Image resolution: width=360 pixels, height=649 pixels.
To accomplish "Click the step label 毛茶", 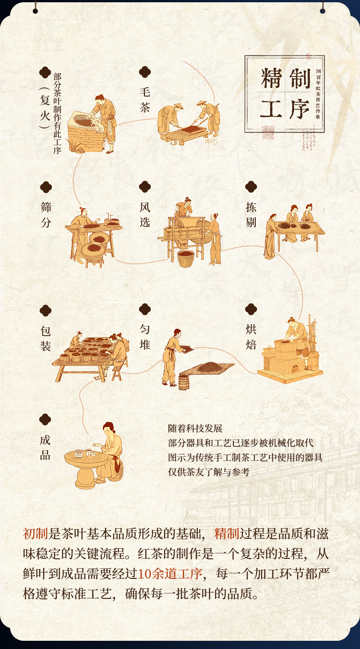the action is [x=145, y=100].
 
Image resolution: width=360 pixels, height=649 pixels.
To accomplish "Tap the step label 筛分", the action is [x=46, y=215].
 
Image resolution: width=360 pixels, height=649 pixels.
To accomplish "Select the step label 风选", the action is [x=145, y=215].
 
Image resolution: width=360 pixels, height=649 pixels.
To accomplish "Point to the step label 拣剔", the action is [x=251, y=215].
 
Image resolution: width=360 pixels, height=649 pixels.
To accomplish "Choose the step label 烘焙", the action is [x=251, y=337].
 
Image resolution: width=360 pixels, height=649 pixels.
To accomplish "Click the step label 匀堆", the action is [x=145, y=337].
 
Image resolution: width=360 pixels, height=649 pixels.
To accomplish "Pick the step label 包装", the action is [x=46, y=338].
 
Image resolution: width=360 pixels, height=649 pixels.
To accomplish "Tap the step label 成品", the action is [x=45, y=448].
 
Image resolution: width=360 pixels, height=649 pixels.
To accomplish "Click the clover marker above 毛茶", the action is [x=145, y=72].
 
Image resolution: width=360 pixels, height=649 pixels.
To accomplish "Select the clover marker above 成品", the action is [x=45, y=419].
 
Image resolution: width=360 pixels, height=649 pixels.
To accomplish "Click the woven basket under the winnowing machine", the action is [x=186, y=259].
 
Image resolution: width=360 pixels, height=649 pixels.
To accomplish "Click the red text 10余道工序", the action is [x=170, y=574].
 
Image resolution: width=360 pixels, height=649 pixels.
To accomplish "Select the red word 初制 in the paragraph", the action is [x=36, y=534].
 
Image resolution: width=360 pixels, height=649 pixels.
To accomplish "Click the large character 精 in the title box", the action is [x=271, y=78].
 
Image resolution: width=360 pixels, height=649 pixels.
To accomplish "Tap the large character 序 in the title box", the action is [x=299, y=109].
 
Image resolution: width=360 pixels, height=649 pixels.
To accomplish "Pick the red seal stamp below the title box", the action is [x=268, y=133].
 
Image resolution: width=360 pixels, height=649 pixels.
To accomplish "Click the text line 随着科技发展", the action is [x=195, y=429].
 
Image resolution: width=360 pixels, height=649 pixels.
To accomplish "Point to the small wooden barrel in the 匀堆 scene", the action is [x=184, y=383].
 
